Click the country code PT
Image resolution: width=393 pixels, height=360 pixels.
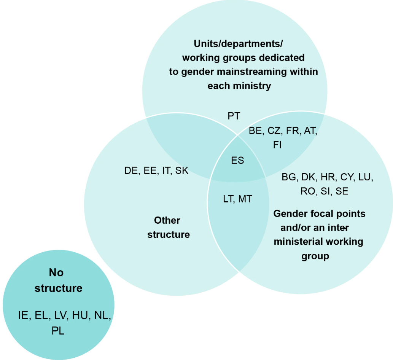pyautogui.click(x=234, y=116)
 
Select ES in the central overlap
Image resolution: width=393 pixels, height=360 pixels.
pyautogui.click(x=237, y=160)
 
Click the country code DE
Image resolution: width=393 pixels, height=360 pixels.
pyautogui.click(x=131, y=170)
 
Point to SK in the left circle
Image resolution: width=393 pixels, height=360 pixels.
pyautogui.click(x=181, y=170)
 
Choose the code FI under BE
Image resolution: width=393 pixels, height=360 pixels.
pyautogui.click(x=277, y=145)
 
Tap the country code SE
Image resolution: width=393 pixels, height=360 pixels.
pyautogui.click(x=342, y=191)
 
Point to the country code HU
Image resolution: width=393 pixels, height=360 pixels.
pyautogui.click(x=80, y=315)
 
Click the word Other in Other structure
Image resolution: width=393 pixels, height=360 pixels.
pyautogui.click(x=167, y=220)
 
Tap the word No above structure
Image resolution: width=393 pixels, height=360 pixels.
pyautogui.click(x=56, y=272)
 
